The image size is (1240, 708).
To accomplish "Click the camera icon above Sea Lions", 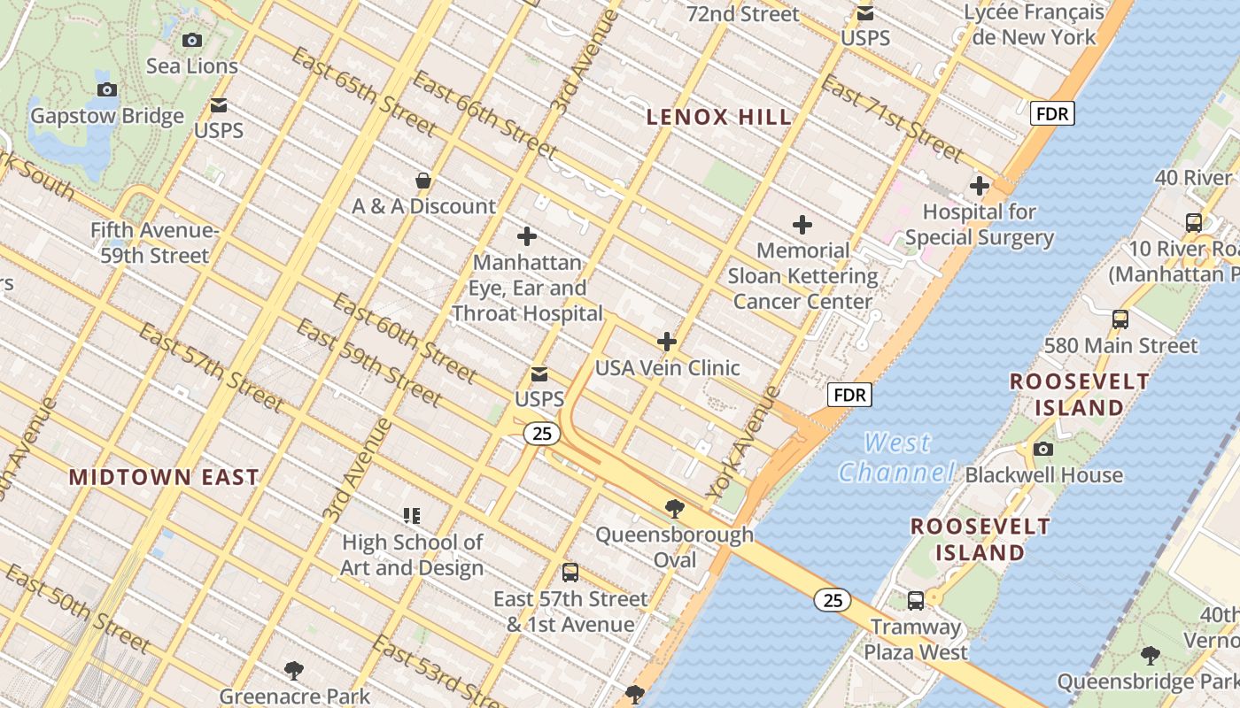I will click(191, 40).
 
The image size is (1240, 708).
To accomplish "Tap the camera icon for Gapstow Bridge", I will click(107, 89).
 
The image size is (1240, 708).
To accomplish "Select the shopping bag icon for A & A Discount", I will click(423, 181).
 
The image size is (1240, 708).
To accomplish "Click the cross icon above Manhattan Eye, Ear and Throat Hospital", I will click(527, 236).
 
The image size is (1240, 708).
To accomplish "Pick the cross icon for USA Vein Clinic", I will click(667, 342).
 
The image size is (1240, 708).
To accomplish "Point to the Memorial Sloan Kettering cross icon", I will click(802, 225).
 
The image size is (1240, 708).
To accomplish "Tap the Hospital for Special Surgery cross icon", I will click(979, 187).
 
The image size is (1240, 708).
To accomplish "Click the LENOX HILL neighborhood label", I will click(718, 117).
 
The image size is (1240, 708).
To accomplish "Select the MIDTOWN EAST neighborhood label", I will click(164, 477).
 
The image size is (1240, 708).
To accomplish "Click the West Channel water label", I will click(897, 457).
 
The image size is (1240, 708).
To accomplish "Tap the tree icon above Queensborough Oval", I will click(674, 509).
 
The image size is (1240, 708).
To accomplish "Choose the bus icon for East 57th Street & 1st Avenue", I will click(570, 573).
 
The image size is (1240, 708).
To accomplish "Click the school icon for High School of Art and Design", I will click(412, 515).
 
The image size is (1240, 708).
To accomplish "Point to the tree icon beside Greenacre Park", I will click(294, 671).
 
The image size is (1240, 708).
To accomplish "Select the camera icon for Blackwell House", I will click(1043, 449).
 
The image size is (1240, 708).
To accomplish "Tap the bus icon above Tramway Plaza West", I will click(915, 601).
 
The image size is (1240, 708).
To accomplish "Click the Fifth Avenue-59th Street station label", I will click(154, 243).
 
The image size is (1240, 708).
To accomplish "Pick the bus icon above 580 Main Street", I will click(1120, 319).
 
